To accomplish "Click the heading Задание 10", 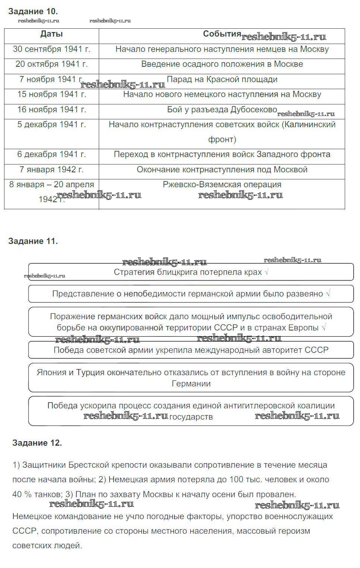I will point(33,12).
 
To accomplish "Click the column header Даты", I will point(51,34).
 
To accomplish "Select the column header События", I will point(222,34).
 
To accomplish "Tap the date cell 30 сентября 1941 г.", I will point(51,49).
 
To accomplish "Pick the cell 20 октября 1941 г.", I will point(51,64).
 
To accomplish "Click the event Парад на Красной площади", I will point(222,79).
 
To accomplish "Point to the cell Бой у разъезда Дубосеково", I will point(222,110).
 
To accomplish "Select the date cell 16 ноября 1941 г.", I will point(51,110).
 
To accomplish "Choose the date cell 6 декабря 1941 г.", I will point(51,154).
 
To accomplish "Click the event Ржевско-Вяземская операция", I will point(222,185).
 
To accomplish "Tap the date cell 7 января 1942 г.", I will point(51,170).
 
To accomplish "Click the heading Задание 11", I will point(33,241).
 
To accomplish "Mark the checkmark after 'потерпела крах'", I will point(266,272).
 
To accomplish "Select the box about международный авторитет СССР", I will point(191,350).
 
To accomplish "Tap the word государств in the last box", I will point(191,417).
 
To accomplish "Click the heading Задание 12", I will point(37,443).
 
